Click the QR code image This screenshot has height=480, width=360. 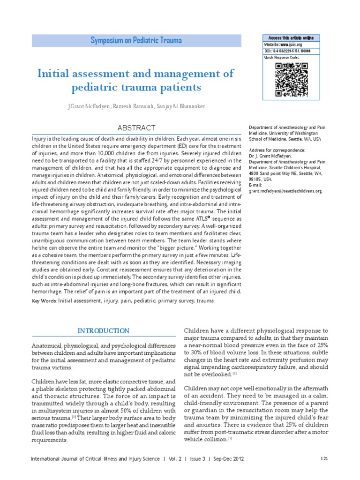pyautogui.click(x=291, y=79)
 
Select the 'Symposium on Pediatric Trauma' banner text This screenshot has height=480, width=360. pyautogui.click(x=136, y=41)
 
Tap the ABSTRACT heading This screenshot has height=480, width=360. pyautogui.click(x=136, y=128)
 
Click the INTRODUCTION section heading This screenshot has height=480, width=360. pyautogui.click(x=104, y=331)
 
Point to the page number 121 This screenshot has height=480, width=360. pyautogui.click(x=324, y=458)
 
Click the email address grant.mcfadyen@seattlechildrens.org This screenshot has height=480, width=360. pyautogui.click(x=285, y=191)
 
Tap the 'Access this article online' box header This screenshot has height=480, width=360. pyautogui.click(x=291, y=38)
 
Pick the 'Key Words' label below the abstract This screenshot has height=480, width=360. pyautogui.click(x=45, y=301)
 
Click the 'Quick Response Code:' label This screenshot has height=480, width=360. pyautogui.click(x=281, y=57)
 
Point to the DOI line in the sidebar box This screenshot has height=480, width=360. pyautogui.click(x=287, y=51)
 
